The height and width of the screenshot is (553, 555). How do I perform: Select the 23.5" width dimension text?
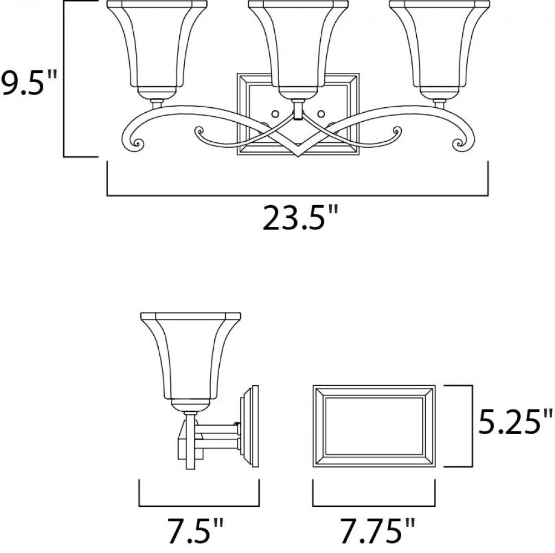point(300,218)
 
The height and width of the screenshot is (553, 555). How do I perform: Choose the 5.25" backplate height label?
point(516,421)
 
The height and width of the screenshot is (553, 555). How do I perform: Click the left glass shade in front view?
point(157,44)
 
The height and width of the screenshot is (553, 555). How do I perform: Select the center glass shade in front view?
point(298,44)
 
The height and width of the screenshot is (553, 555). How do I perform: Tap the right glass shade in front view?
point(439,44)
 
